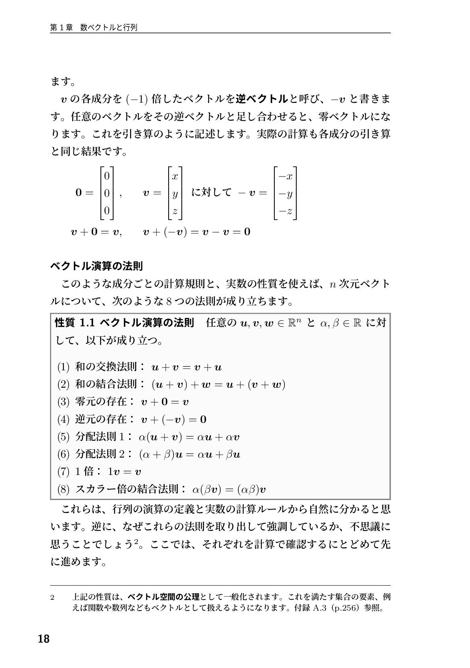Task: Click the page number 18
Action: click(43, 639)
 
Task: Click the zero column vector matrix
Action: click(107, 193)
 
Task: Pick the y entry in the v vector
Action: click(175, 194)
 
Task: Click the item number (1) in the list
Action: click(63, 367)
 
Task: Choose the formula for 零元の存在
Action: click(165, 402)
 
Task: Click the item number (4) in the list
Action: click(63, 420)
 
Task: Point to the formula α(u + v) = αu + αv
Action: click(189, 437)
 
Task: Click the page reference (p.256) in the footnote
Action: click(346, 608)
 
